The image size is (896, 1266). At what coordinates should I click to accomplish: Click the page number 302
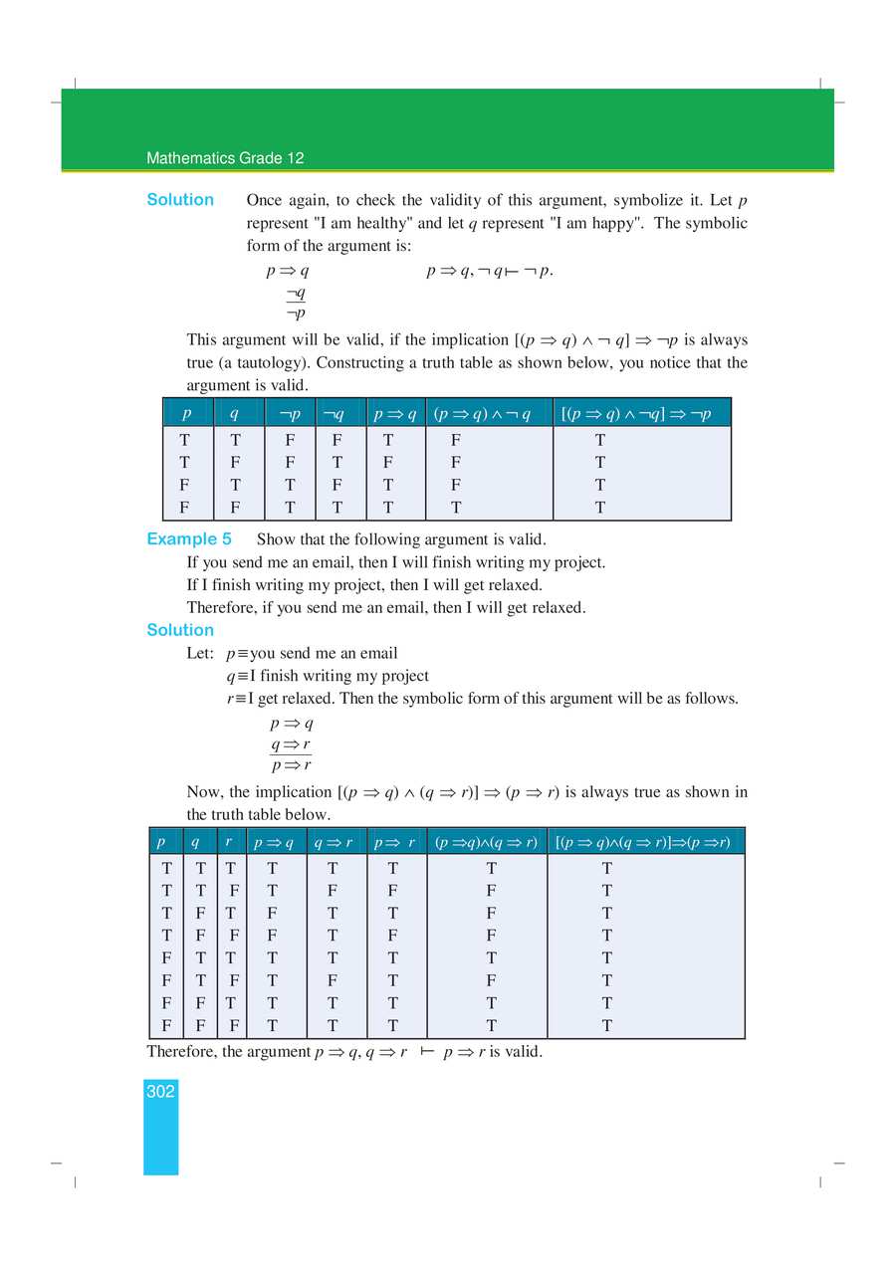point(160,1092)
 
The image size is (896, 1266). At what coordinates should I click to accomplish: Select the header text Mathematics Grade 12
point(225,158)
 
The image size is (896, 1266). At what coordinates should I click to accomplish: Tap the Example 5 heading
point(189,539)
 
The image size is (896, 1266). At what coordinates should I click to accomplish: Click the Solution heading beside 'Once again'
point(180,200)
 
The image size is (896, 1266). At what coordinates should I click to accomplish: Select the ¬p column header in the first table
point(290,413)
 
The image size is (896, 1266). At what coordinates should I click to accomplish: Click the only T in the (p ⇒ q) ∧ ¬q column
point(455,508)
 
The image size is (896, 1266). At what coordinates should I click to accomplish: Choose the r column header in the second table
point(229,842)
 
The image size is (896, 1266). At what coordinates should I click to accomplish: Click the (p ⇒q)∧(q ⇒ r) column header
point(486,842)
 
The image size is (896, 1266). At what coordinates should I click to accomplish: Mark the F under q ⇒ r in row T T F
point(333,891)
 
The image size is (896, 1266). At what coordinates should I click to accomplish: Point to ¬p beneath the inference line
point(295,314)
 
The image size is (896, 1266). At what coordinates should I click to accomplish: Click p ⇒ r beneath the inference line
point(291,765)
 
